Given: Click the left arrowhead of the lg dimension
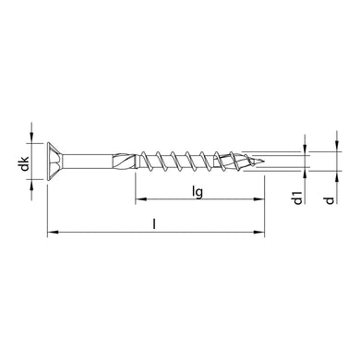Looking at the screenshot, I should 139,200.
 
